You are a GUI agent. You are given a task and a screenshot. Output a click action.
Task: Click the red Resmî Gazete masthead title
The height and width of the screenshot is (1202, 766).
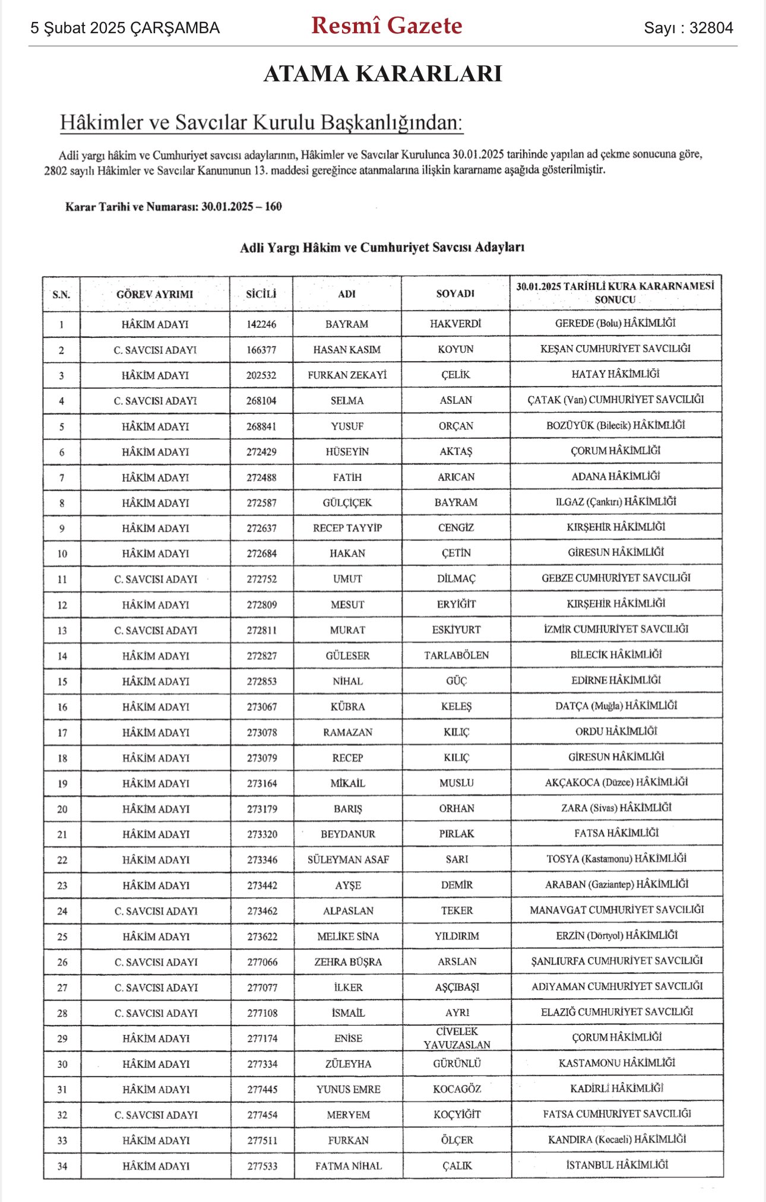click(x=387, y=26)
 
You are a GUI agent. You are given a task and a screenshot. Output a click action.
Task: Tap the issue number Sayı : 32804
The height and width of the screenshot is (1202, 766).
click(x=688, y=28)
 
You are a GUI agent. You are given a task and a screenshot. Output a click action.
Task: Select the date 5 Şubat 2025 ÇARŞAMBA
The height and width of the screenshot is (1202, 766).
click(x=125, y=28)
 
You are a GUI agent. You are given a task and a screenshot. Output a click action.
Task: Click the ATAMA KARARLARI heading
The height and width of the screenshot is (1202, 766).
click(x=383, y=74)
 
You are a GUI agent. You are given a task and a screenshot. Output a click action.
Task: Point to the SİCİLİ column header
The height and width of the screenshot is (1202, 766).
click(x=261, y=294)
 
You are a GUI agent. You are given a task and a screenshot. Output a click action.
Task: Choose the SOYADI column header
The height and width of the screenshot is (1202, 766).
click(x=455, y=293)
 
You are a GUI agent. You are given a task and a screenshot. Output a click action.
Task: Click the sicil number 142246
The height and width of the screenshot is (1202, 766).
click(x=261, y=324)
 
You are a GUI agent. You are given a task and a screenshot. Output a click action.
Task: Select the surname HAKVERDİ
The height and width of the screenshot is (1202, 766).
click(x=455, y=324)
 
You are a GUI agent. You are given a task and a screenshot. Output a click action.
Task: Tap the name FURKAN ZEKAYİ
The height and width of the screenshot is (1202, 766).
click(x=347, y=375)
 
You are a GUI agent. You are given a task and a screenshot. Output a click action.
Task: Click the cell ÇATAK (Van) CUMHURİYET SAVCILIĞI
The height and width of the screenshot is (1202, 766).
click(x=616, y=400)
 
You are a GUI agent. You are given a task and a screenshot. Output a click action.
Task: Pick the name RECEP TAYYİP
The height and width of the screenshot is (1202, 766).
click(x=347, y=528)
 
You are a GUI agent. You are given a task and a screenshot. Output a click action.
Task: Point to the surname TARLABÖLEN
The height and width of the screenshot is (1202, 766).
click(x=456, y=655)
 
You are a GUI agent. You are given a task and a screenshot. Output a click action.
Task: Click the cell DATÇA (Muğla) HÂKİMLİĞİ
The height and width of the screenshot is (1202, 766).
click(x=616, y=706)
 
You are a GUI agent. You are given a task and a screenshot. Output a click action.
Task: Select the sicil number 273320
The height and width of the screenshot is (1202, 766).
click(x=262, y=834)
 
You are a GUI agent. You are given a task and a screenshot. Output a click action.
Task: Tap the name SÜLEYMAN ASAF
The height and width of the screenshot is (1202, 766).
click(x=348, y=859)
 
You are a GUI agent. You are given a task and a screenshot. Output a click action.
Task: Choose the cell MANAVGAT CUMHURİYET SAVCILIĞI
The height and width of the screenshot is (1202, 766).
click(x=617, y=910)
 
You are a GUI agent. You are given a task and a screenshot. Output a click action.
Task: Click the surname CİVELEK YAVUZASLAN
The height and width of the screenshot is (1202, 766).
click(x=457, y=1038)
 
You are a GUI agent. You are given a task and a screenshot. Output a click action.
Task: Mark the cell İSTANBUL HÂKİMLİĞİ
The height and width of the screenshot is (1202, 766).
click(x=617, y=1165)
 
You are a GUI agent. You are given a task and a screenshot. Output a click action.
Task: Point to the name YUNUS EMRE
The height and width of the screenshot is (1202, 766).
click(x=348, y=1089)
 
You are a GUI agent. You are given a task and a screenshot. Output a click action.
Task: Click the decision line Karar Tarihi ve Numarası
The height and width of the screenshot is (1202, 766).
click(x=173, y=207)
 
